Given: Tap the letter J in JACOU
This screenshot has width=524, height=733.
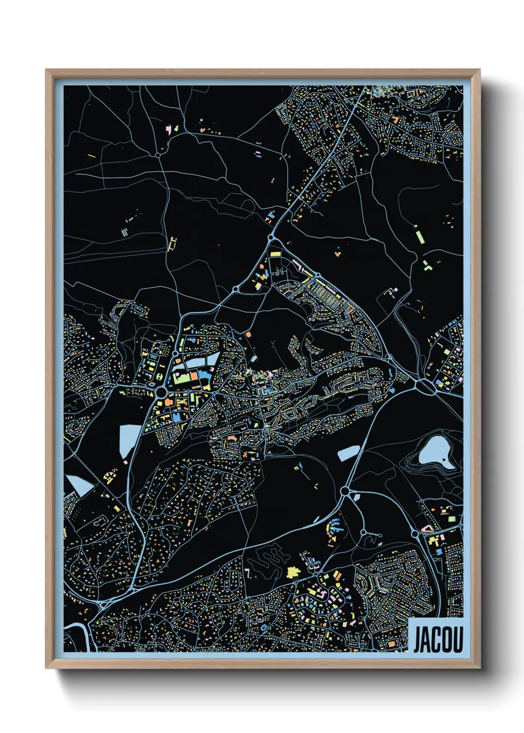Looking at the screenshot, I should (418, 640).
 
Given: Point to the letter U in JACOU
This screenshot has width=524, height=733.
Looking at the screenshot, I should (458, 640).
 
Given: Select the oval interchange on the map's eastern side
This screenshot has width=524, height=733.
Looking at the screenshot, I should (425, 386).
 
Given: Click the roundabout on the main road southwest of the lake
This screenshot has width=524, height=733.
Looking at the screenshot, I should (345, 491).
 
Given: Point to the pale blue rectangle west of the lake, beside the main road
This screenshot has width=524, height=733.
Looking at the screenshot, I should (348, 452).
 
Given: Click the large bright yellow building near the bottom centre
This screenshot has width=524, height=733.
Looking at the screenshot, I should (293, 572).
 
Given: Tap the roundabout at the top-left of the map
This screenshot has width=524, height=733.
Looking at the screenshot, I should (158, 155).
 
